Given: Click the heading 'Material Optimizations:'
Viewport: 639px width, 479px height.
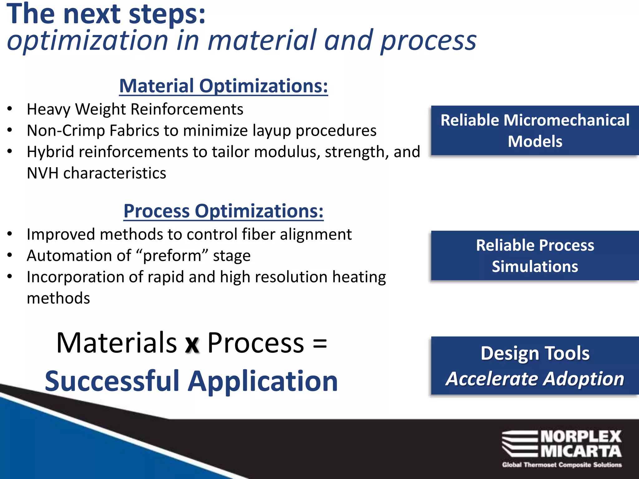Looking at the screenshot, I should [223, 86].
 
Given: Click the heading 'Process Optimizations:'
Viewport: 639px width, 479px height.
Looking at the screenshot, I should [223, 211].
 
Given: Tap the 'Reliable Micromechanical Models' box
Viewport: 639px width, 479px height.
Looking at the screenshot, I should [535, 131].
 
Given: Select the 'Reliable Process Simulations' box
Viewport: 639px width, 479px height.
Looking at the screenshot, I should [535, 256].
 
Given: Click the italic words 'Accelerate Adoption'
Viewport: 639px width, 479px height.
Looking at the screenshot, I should [535, 379].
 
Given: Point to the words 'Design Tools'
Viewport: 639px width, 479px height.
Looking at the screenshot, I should [535, 353].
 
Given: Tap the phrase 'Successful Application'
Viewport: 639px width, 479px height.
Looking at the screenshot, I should [191, 381].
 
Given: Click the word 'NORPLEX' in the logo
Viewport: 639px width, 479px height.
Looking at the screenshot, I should [581, 437].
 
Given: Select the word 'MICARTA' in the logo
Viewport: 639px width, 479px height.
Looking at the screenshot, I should [581, 451].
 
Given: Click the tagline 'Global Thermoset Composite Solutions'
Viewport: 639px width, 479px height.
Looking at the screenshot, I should [562, 465].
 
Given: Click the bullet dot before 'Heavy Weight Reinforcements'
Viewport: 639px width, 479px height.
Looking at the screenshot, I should [10, 109].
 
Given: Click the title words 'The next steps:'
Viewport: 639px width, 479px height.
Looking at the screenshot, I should [106, 14].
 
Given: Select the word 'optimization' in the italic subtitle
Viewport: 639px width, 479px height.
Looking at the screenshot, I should [87, 41].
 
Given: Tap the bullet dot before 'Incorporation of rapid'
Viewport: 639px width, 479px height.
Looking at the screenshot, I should [10, 276].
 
